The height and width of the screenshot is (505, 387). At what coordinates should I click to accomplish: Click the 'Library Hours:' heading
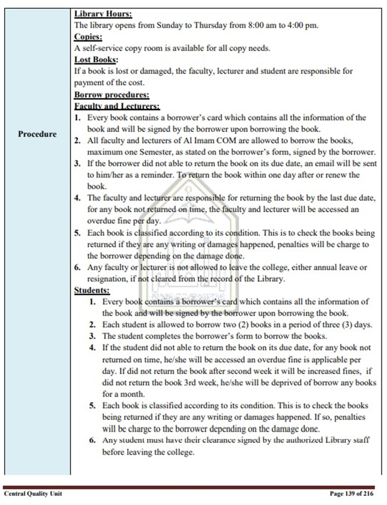tap(103, 14)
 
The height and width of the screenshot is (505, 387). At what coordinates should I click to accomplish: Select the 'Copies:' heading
tap(88, 37)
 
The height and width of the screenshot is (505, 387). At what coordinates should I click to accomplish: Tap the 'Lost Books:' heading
tap(96, 60)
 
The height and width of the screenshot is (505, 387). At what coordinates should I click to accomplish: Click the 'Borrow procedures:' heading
tap(112, 95)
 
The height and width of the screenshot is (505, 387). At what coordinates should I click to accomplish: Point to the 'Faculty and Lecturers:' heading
tap(117, 106)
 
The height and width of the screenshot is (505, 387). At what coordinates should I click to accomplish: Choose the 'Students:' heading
tap(92, 290)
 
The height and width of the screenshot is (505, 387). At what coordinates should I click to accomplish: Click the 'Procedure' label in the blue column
tap(37, 134)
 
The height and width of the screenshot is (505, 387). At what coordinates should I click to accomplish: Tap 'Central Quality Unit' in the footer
tap(33, 493)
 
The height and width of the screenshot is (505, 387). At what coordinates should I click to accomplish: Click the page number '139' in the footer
tap(350, 493)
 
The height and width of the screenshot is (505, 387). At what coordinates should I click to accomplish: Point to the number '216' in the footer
tap(368, 493)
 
